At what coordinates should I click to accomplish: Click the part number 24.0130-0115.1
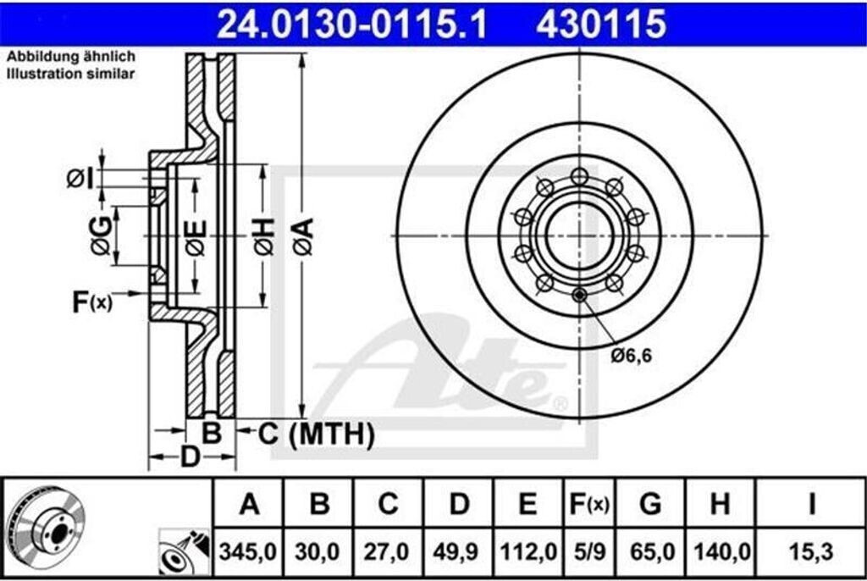[352, 24]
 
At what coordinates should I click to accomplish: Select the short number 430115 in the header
[600, 24]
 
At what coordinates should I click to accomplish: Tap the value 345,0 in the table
[248, 551]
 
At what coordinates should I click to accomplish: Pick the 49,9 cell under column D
[458, 551]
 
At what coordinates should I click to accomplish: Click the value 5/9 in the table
[588, 551]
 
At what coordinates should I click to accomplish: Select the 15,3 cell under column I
[810, 551]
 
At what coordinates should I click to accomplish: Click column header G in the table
[650, 505]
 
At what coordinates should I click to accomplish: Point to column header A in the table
[248, 505]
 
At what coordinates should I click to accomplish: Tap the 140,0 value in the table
[720, 551]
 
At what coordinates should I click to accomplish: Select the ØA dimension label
[304, 236]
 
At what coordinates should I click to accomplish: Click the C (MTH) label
[315, 434]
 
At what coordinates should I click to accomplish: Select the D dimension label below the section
[191, 456]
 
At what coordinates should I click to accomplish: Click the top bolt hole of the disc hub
[579, 176]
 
